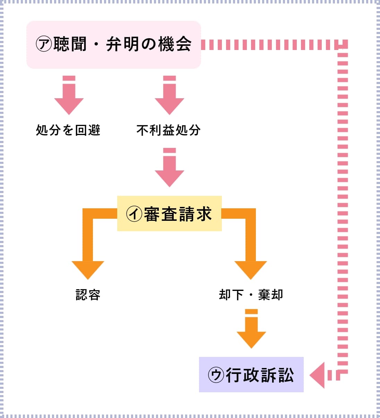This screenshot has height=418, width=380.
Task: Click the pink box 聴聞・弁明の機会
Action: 114,44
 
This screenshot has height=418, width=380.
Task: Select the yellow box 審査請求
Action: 169,214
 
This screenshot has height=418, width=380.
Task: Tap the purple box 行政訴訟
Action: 251,375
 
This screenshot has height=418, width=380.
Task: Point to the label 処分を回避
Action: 68,130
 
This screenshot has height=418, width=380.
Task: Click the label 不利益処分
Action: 169,130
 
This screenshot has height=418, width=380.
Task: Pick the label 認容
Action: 88,295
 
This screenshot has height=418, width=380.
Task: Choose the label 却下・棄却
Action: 251,295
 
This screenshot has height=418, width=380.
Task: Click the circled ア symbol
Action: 44,44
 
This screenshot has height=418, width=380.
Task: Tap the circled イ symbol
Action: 134,214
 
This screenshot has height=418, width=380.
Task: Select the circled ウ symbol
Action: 216,375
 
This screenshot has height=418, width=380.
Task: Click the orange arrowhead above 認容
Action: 88,269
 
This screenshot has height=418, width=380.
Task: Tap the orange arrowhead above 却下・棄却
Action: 251,269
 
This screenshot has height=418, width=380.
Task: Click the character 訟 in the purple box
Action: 286,375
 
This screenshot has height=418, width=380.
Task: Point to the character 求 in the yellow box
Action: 204,214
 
